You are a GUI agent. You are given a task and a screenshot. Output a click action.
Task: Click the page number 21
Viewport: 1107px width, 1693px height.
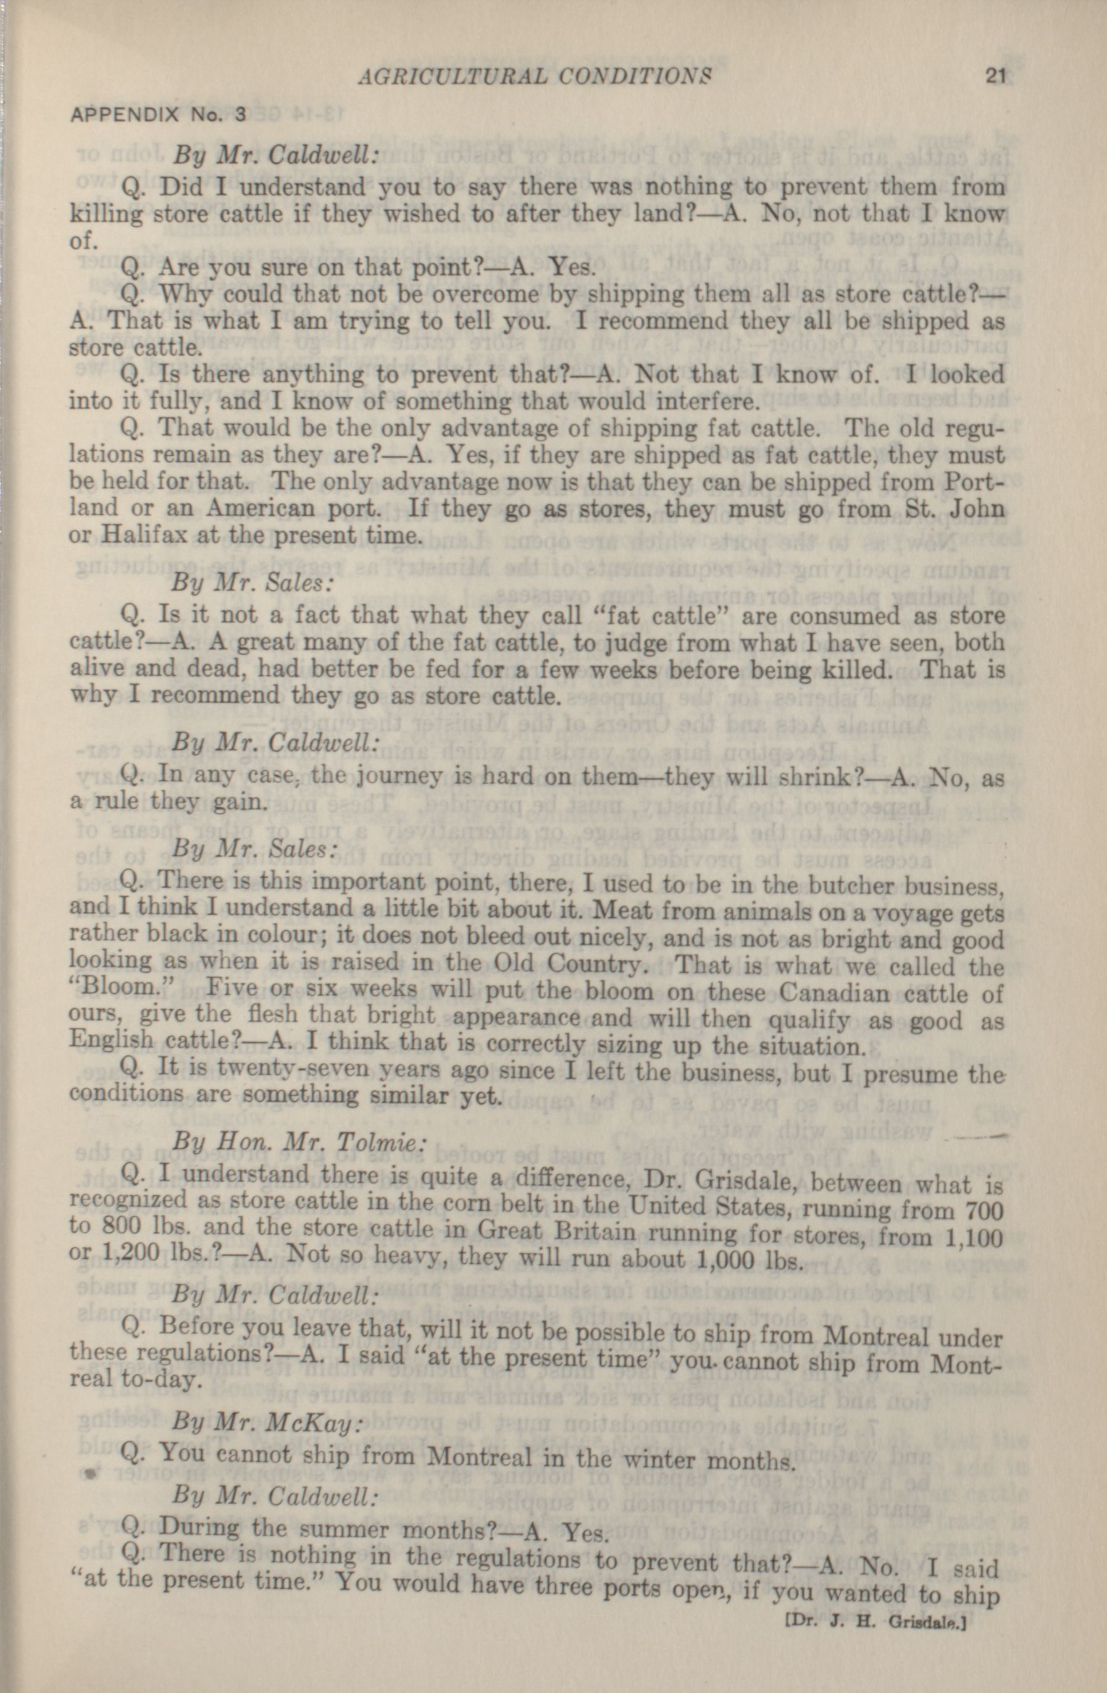(x=995, y=75)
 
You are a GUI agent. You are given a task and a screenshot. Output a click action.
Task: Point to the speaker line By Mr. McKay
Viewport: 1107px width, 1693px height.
(x=267, y=1402)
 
